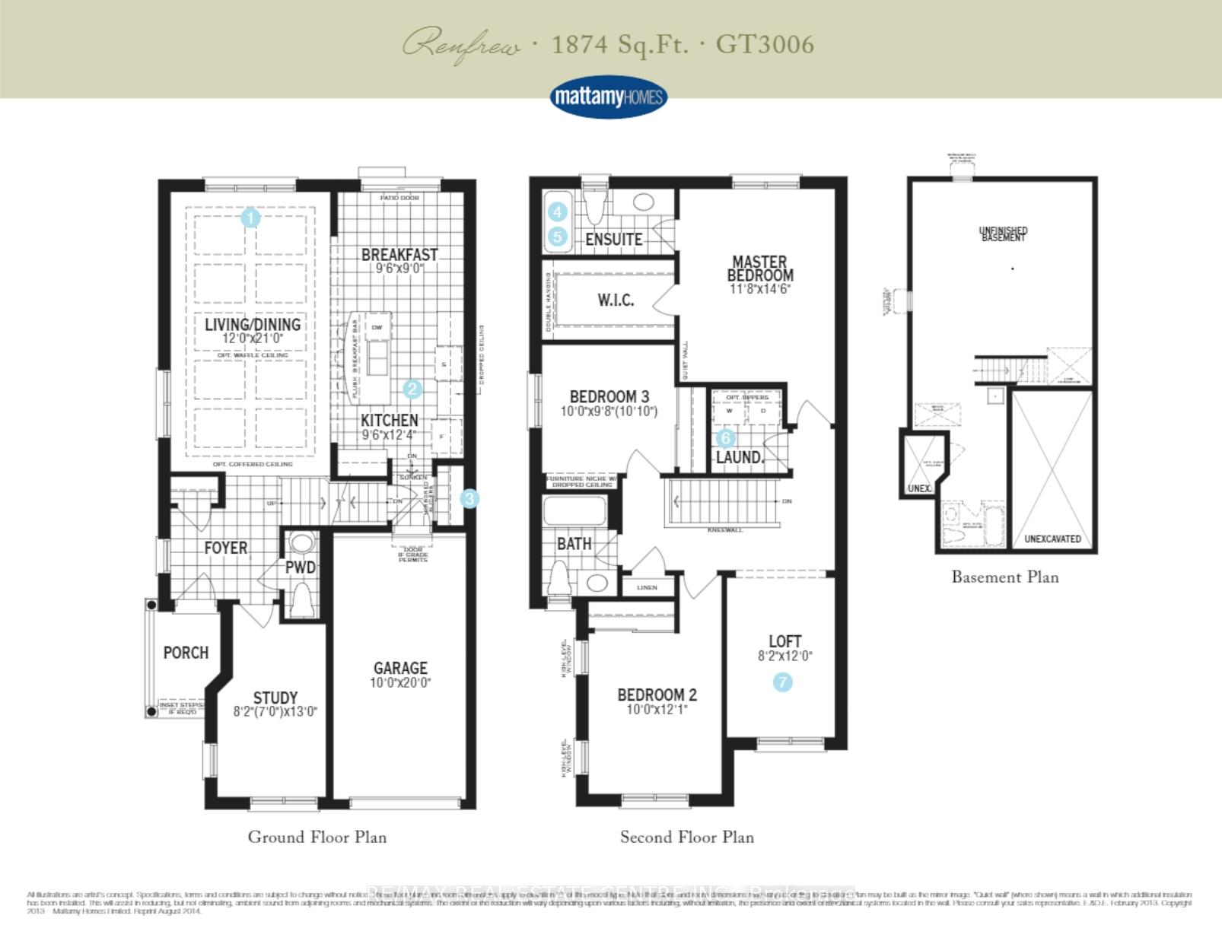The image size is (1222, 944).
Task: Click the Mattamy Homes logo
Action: [608, 97]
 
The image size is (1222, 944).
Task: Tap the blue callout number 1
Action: [250, 218]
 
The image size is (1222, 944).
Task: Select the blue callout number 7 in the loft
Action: [782, 682]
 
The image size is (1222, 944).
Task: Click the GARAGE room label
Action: [400, 668]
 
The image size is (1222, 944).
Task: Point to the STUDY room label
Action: [275, 698]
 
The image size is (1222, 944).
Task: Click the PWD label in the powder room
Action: [301, 567]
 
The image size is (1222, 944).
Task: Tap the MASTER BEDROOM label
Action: [759, 269]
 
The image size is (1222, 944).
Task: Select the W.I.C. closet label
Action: [616, 300]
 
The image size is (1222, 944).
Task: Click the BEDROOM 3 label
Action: [609, 396]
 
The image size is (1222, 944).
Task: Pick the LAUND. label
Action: [739, 457]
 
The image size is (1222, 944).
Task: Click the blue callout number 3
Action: [469, 499]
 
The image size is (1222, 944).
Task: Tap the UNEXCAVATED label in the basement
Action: [1052, 539]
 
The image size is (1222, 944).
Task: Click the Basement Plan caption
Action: [1004, 577]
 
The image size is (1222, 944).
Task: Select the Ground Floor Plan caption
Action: [317, 837]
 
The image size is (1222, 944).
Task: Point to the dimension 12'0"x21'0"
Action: [253, 339]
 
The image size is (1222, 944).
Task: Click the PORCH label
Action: [186, 653]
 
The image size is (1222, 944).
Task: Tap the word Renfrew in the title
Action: [461, 46]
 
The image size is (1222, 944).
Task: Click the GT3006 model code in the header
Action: [765, 44]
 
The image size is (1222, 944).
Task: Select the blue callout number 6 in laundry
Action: [725, 437]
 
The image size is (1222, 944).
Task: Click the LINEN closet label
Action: [647, 587]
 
